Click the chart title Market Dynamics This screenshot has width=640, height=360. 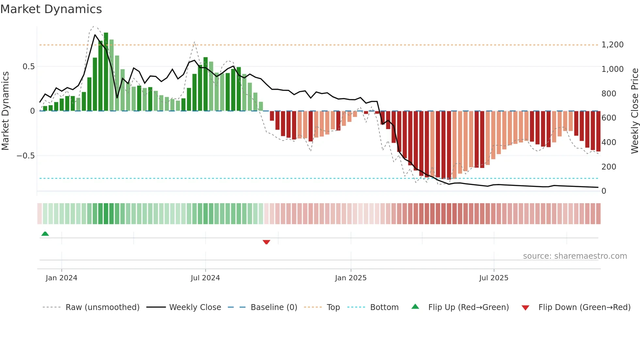tap(51, 9)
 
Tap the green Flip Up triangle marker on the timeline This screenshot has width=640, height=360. tap(45, 234)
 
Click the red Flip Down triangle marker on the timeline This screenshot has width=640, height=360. tap(266, 242)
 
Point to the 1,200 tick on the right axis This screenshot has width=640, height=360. tap(612, 45)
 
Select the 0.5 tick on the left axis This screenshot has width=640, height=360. tap(28, 67)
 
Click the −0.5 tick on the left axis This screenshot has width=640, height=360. tap(26, 156)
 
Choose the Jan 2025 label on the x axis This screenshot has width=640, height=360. tap(351, 278)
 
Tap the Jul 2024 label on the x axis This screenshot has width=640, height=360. tap(205, 278)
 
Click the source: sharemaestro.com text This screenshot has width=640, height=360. tap(575, 256)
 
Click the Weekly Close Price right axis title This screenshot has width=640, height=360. tap(634, 111)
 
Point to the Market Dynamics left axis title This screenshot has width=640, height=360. tap(6, 111)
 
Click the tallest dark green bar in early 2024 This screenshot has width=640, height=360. tap(106, 72)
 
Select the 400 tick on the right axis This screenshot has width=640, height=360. tap(609, 142)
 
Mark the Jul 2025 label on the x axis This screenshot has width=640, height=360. tap(494, 278)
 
